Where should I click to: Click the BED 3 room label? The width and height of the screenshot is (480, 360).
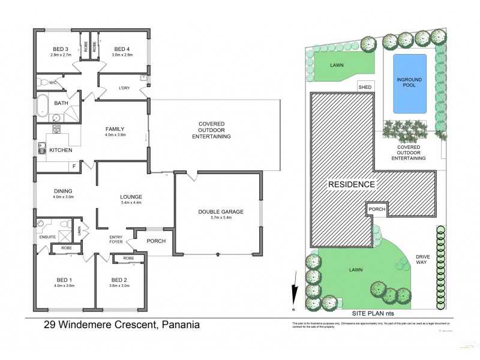61,49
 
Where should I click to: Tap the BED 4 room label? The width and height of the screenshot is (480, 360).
122,49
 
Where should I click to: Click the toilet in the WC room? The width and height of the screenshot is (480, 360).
42,82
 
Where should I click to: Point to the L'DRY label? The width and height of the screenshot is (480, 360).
124,88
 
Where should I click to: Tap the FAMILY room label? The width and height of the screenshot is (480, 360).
115,128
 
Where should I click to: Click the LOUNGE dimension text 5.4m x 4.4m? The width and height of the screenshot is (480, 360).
130,202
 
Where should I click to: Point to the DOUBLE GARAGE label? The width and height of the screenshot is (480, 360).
220,211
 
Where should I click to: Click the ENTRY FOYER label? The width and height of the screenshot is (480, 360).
116,240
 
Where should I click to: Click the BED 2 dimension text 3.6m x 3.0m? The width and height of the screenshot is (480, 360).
119,286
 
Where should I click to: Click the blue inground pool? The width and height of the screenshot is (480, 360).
409,83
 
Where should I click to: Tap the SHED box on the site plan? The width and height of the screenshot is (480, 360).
365,87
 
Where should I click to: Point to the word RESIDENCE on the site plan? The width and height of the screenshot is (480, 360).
351,184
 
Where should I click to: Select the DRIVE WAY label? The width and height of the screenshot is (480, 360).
422,259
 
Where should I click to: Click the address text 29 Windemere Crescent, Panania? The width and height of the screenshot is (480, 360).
122,326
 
